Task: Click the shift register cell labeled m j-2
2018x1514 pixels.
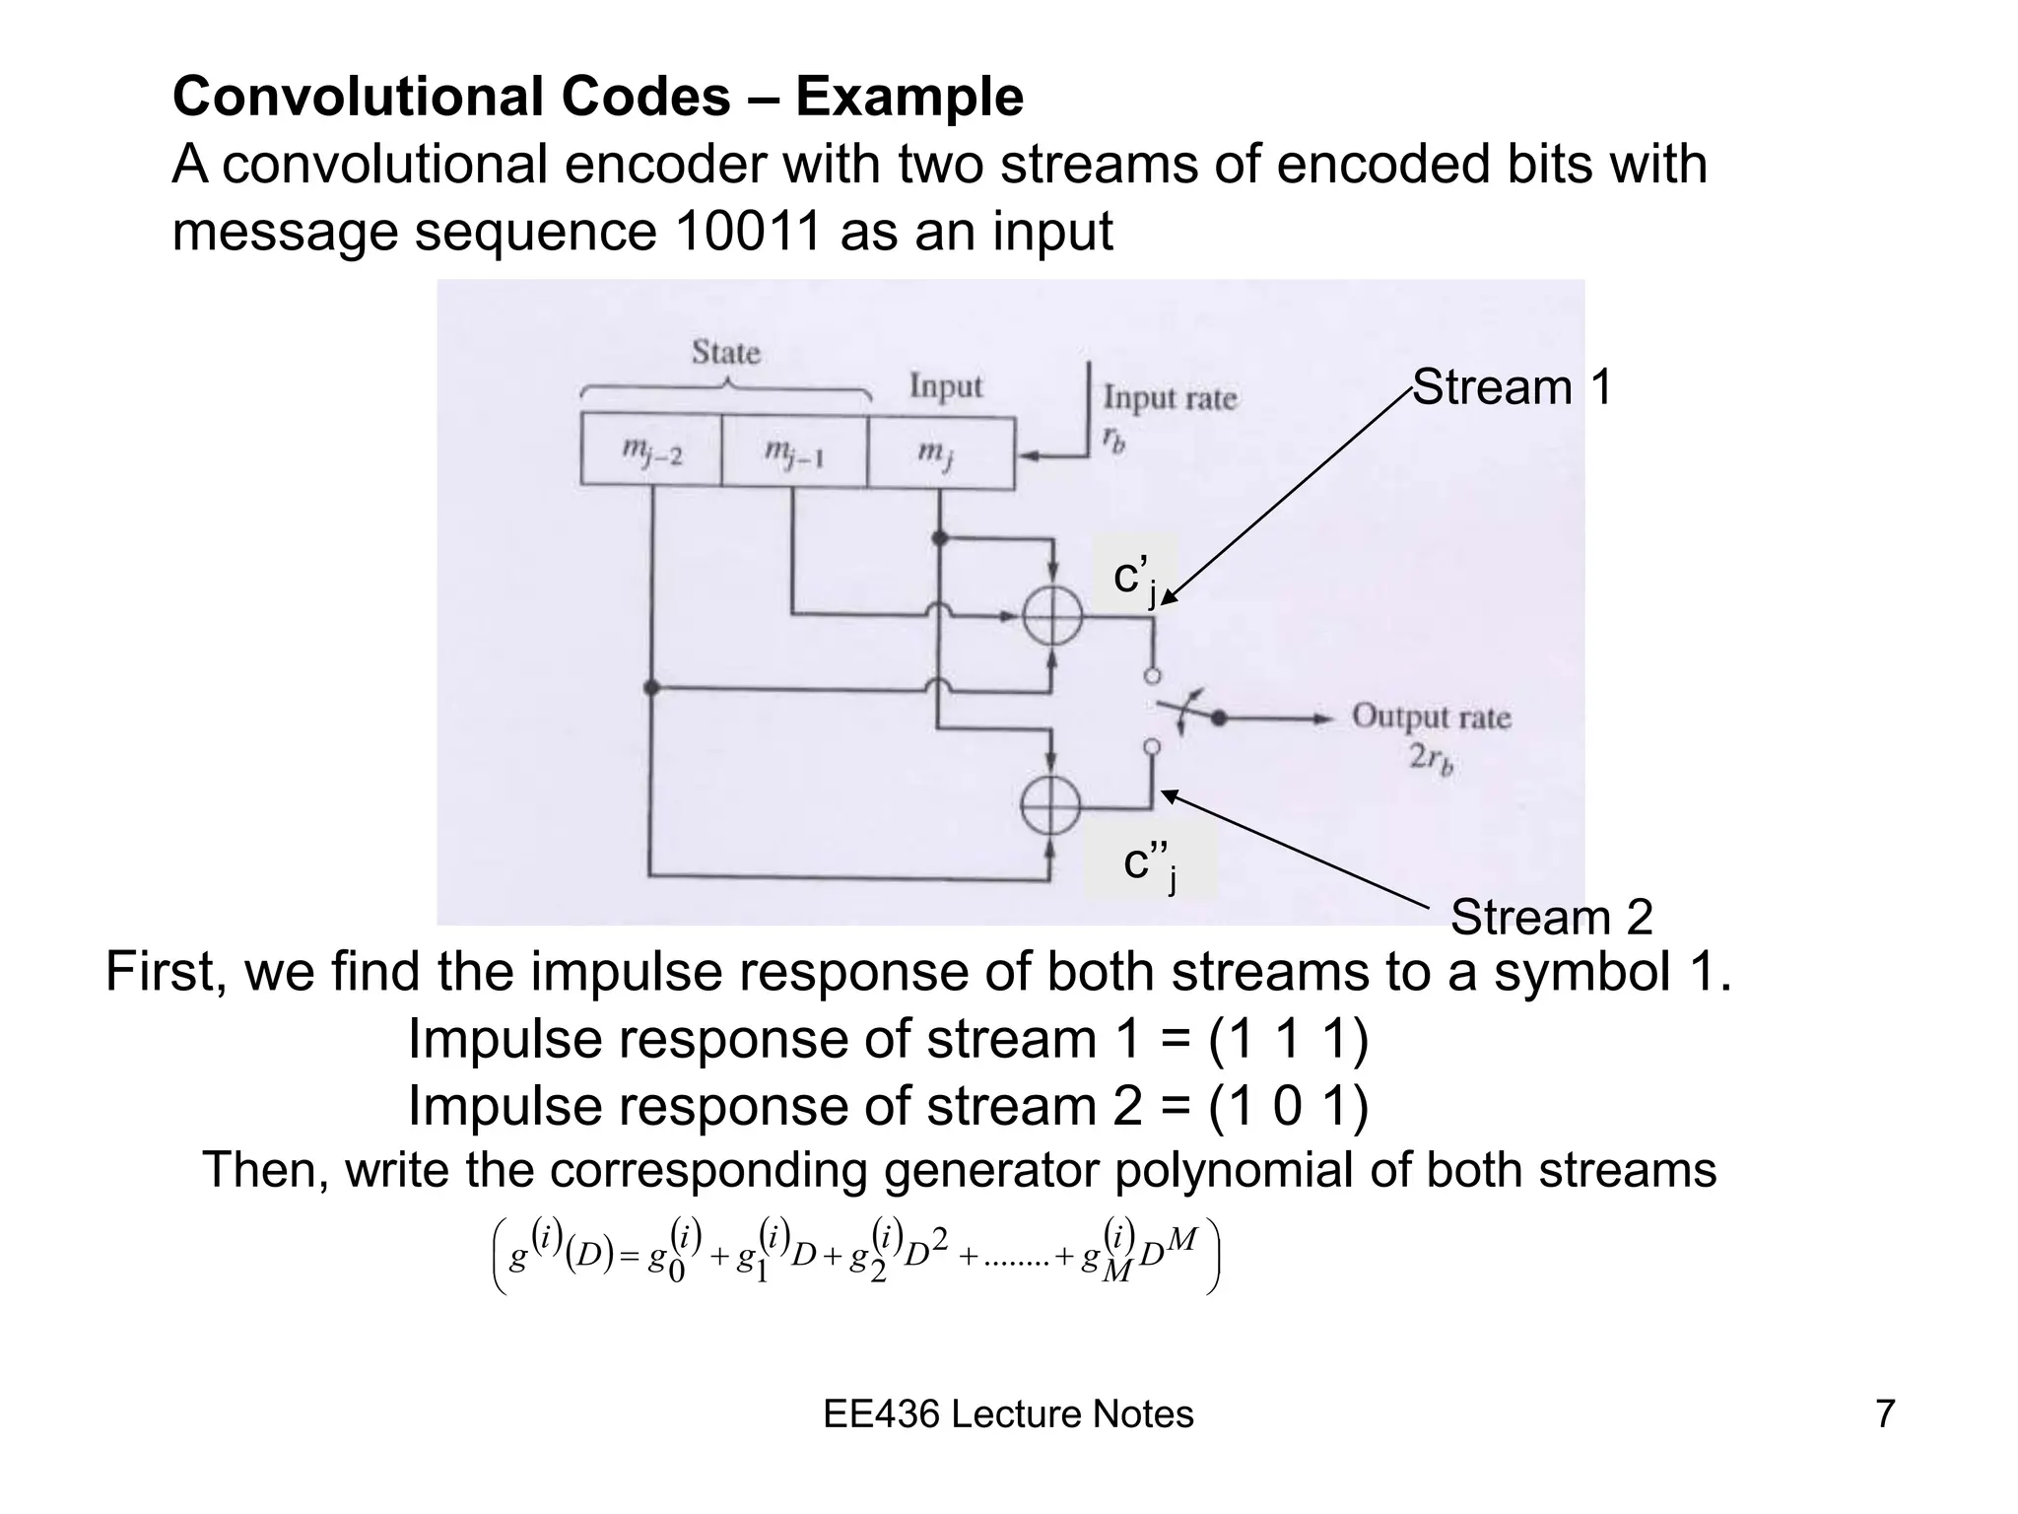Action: pos(651,452)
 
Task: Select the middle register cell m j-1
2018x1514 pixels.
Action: pos(794,452)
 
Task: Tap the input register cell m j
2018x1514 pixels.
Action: pos(940,452)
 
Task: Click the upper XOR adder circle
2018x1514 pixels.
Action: pos(1052,618)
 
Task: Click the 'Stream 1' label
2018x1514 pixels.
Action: pos(1513,387)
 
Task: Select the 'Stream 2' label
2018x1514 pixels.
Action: pos(1551,918)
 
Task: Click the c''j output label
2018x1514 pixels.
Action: pos(1149,864)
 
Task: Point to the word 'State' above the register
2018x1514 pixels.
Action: pos(726,353)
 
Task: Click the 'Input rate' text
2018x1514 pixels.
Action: pos(1170,399)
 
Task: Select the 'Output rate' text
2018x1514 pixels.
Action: pos(1431,717)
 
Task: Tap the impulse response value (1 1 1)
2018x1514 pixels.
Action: pos(1288,1040)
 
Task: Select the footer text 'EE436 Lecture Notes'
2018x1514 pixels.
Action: pos(1008,1414)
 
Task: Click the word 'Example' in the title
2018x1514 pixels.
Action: pos(909,97)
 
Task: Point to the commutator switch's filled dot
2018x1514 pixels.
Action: pos(1219,719)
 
